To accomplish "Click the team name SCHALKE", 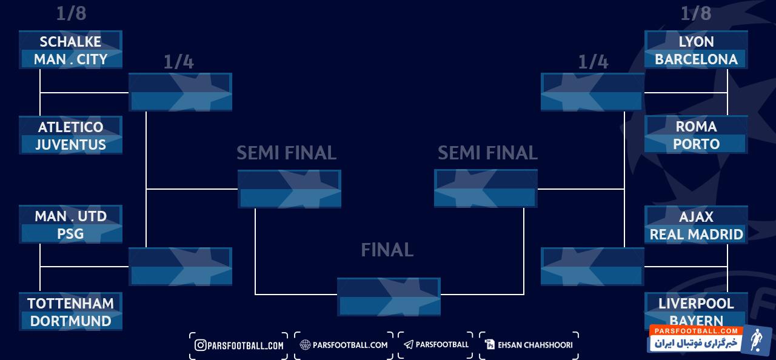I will coord(70,42).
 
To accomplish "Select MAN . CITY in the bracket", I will coord(70,59).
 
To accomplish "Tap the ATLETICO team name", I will coord(70,127).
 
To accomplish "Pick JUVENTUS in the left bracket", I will coord(70,145).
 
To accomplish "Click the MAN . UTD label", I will coord(70,216).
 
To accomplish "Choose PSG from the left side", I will coord(70,234).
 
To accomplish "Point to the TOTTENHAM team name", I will coord(70,304).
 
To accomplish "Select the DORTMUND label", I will coord(70,321).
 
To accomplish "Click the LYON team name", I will coord(696,42).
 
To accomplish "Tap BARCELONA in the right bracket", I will coord(696,59).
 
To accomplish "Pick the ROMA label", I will coord(696,127).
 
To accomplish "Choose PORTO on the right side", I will coord(696,144).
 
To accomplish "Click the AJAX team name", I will coord(696,217).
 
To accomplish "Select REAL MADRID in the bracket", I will coord(696,235).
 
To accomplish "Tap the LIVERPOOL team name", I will coord(696,304).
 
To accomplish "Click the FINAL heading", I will coord(387,250).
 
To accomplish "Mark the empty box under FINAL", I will coord(389,296).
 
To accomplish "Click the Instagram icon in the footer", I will coord(200,345).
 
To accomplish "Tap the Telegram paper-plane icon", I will coord(409,345).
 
